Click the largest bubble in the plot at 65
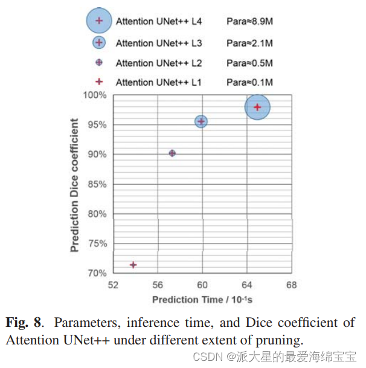(257, 108)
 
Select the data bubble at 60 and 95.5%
(201, 121)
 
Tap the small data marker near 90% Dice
(172, 153)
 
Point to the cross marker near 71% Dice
(133, 265)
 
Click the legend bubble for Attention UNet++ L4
(100, 21)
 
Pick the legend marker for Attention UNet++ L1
(100, 82)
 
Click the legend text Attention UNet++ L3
(159, 43)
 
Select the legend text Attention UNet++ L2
(159, 63)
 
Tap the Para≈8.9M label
(249, 22)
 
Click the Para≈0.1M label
(249, 82)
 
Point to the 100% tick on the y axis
(95, 95)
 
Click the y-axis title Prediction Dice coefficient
(75, 185)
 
